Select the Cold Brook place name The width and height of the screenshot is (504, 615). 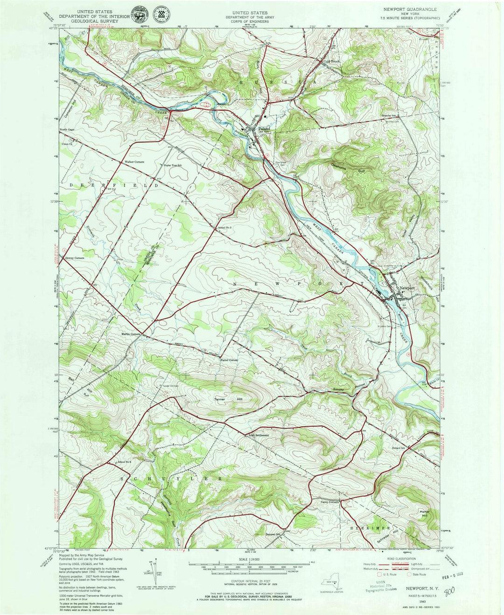click(x=332, y=61)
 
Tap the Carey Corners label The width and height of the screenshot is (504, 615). click(x=329, y=502)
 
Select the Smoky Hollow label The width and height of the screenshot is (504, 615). click(x=348, y=387)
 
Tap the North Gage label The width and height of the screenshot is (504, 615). click(x=67, y=130)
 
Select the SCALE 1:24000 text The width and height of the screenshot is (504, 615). click(x=251, y=560)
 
